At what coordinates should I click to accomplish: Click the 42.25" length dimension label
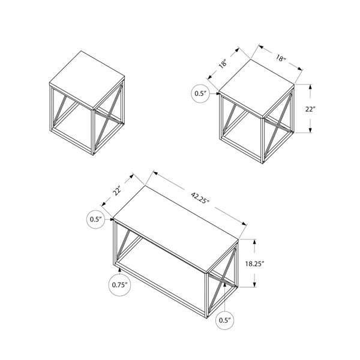[x=200, y=197]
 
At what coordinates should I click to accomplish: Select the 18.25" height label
[x=254, y=264]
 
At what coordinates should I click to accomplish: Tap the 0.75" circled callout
[x=119, y=285]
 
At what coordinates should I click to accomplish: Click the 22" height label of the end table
[x=310, y=109]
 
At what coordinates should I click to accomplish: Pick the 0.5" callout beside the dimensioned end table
[x=200, y=94]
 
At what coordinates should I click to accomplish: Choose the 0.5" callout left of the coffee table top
[x=96, y=219]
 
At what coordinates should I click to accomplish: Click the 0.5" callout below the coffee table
[x=225, y=320]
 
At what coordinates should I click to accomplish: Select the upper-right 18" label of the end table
[x=280, y=58]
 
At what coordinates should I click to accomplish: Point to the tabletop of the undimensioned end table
[x=87, y=79]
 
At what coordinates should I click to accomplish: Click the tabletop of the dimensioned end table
[x=257, y=88]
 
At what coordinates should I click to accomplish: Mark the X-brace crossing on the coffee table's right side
[x=223, y=280]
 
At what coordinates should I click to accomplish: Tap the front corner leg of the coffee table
[x=206, y=295]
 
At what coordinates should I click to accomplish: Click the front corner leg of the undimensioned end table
[x=93, y=132]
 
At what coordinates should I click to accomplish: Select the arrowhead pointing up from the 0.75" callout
[x=119, y=270]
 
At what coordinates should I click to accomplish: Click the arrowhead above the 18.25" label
[x=254, y=242]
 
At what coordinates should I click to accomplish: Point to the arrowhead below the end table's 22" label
[x=310, y=130]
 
